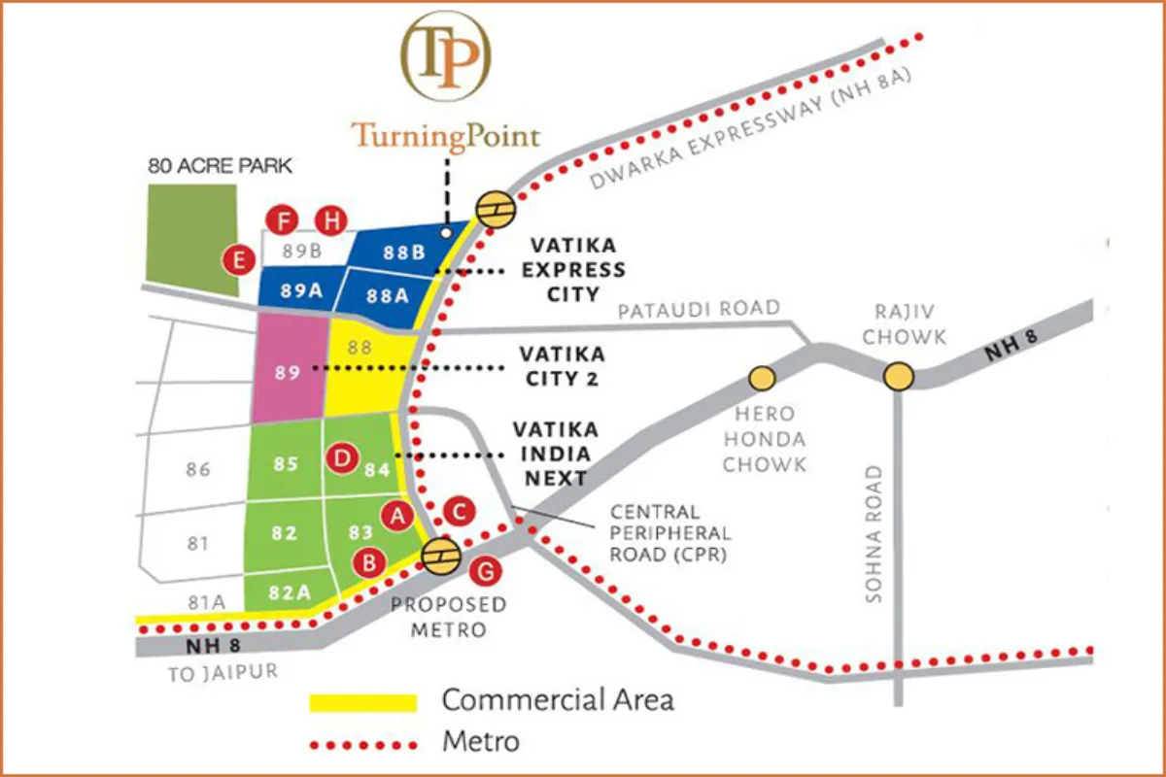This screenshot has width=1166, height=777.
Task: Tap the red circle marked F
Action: click(284, 221)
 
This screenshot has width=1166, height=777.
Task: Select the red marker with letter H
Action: click(332, 221)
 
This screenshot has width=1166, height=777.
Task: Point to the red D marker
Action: click(342, 457)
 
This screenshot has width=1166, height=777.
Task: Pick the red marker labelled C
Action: click(459, 509)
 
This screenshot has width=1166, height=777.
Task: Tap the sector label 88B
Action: click(403, 253)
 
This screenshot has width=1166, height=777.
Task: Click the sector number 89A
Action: click(300, 289)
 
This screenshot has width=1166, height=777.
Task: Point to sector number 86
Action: click(197, 470)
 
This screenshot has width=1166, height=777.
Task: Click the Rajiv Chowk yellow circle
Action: click(900, 376)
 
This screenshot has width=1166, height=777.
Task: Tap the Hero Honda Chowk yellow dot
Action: click(761, 376)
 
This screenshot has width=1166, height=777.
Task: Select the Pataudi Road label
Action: click(700, 309)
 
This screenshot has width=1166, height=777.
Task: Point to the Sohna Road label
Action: click(874, 534)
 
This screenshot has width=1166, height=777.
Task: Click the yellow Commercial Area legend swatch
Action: click(362, 701)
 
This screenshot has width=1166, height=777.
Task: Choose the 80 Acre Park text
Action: click(220, 166)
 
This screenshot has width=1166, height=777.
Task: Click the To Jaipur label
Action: click(223, 672)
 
